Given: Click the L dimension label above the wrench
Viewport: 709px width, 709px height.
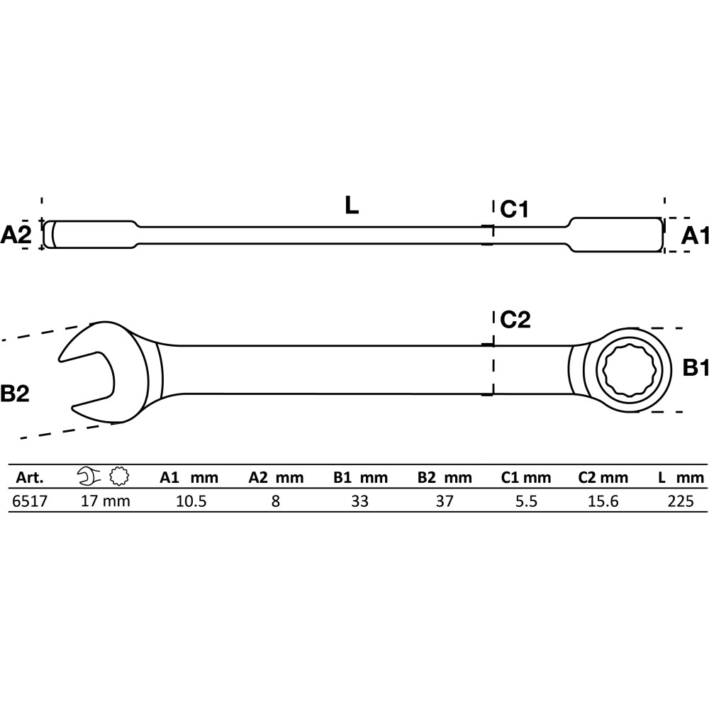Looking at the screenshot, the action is (352, 206).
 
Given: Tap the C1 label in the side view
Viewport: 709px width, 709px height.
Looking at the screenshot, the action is (514, 209).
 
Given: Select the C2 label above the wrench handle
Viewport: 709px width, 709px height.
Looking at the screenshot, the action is (515, 320).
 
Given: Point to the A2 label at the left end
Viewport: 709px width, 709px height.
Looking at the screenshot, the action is (16, 235).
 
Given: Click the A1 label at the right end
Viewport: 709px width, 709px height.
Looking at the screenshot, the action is (695, 235).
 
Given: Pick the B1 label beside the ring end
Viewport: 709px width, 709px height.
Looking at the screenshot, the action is (696, 368).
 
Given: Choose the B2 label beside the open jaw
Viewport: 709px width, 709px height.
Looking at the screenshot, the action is (15, 393).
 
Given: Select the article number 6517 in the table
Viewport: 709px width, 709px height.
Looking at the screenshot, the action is (29, 501).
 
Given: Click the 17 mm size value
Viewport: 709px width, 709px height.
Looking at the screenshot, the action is (106, 501).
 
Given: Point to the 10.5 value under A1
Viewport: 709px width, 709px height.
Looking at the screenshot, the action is (191, 501).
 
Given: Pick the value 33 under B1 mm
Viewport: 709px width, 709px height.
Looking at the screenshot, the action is (360, 501).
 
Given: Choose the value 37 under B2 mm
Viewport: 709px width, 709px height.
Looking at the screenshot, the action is (445, 501).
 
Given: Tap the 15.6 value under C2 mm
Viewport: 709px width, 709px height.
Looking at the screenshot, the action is (603, 501).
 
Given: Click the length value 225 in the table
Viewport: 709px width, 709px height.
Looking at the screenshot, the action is (681, 501).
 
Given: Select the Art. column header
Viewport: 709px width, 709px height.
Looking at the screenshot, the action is (30, 477).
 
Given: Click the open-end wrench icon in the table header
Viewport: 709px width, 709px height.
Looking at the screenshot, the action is (89, 476).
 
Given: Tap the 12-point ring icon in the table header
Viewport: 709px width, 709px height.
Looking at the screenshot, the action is (119, 476).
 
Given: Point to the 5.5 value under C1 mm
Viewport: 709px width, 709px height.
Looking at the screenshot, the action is (526, 501).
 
